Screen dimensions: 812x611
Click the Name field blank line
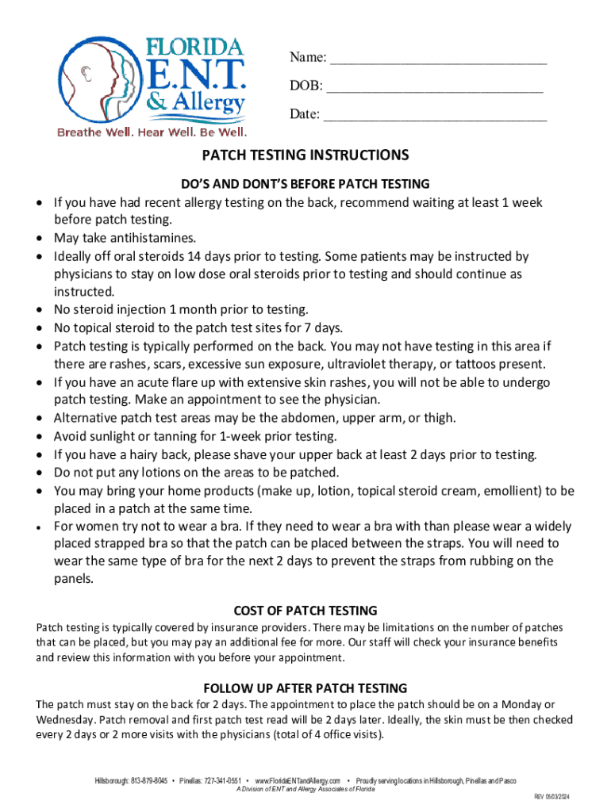click(x=438, y=59)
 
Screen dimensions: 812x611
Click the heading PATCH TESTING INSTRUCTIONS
click(x=305, y=155)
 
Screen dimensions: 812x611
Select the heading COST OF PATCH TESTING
click(x=305, y=611)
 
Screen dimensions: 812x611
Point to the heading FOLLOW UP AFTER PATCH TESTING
click(x=305, y=688)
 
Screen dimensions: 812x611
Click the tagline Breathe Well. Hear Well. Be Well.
click(x=152, y=132)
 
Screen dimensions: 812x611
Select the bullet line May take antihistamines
click(x=113, y=238)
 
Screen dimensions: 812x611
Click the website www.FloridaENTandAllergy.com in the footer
click(x=298, y=781)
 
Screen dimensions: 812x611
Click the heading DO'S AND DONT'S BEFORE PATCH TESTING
click(x=305, y=184)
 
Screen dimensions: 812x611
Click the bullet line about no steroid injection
click(x=180, y=309)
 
